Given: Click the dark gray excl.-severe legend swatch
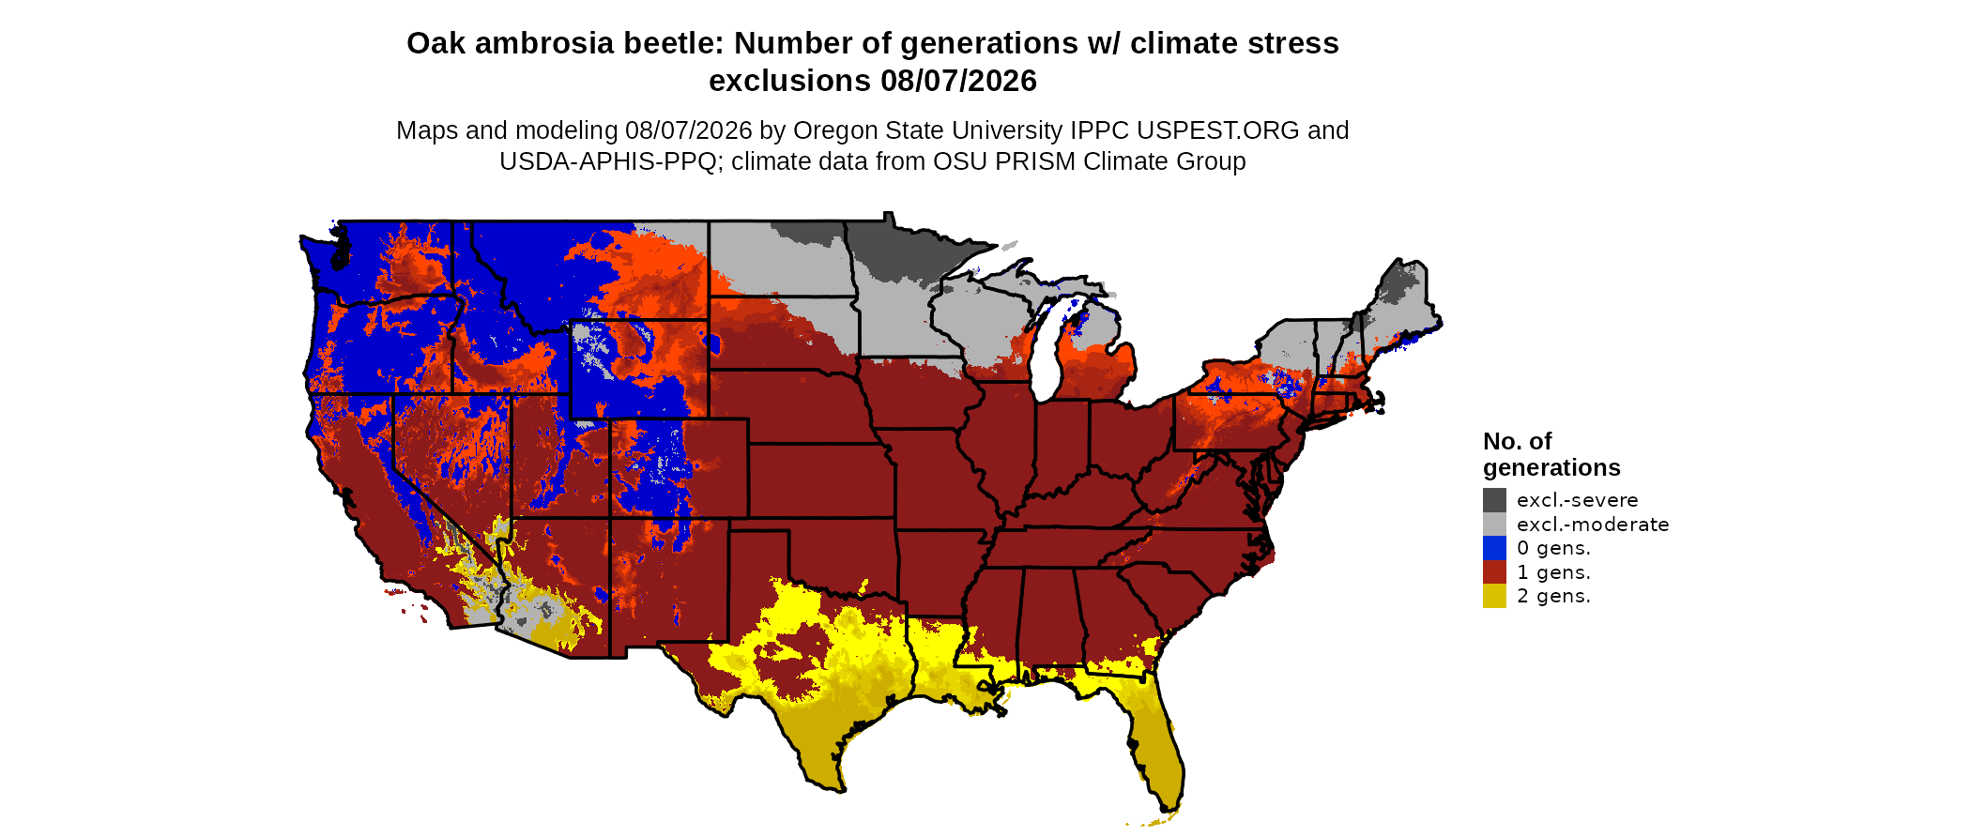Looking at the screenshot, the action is [x=1494, y=500].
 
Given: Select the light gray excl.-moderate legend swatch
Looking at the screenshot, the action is [x=1494, y=525].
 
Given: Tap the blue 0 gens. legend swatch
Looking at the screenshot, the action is [x=1494, y=548].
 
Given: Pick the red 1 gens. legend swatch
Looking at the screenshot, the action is [x=1494, y=572].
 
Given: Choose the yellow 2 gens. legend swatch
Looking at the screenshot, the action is [x=1494, y=596].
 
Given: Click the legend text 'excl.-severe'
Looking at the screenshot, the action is [x=1577, y=500].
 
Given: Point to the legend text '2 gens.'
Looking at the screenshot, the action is [x=1553, y=597].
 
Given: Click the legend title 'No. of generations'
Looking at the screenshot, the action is [x=1551, y=454].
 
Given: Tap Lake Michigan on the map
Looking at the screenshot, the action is [x=1047, y=352].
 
